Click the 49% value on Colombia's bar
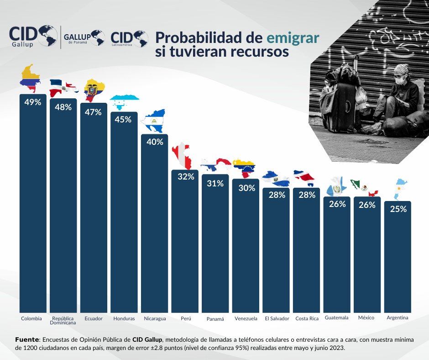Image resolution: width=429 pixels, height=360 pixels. click(32, 102)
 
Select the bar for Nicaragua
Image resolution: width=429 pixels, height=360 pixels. click(154, 224)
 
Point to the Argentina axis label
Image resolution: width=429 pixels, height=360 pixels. click(398, 318)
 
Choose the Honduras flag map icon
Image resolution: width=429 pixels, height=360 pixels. click(124, 102)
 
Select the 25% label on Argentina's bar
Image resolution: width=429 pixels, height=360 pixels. click(398, 209)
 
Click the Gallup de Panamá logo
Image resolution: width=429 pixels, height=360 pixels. click(84, 37)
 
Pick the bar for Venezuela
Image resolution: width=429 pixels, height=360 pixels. click(246, 247)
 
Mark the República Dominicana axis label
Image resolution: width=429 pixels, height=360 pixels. click(63, 320)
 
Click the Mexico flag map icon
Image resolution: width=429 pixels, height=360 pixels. click(364, 186)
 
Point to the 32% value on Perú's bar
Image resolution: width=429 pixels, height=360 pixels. click(185, 177)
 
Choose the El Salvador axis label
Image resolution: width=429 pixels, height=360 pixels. click(277, 318)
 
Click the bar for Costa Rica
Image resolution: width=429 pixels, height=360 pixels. click(306, 251)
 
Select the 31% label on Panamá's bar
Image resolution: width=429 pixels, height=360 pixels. click(215, 183)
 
